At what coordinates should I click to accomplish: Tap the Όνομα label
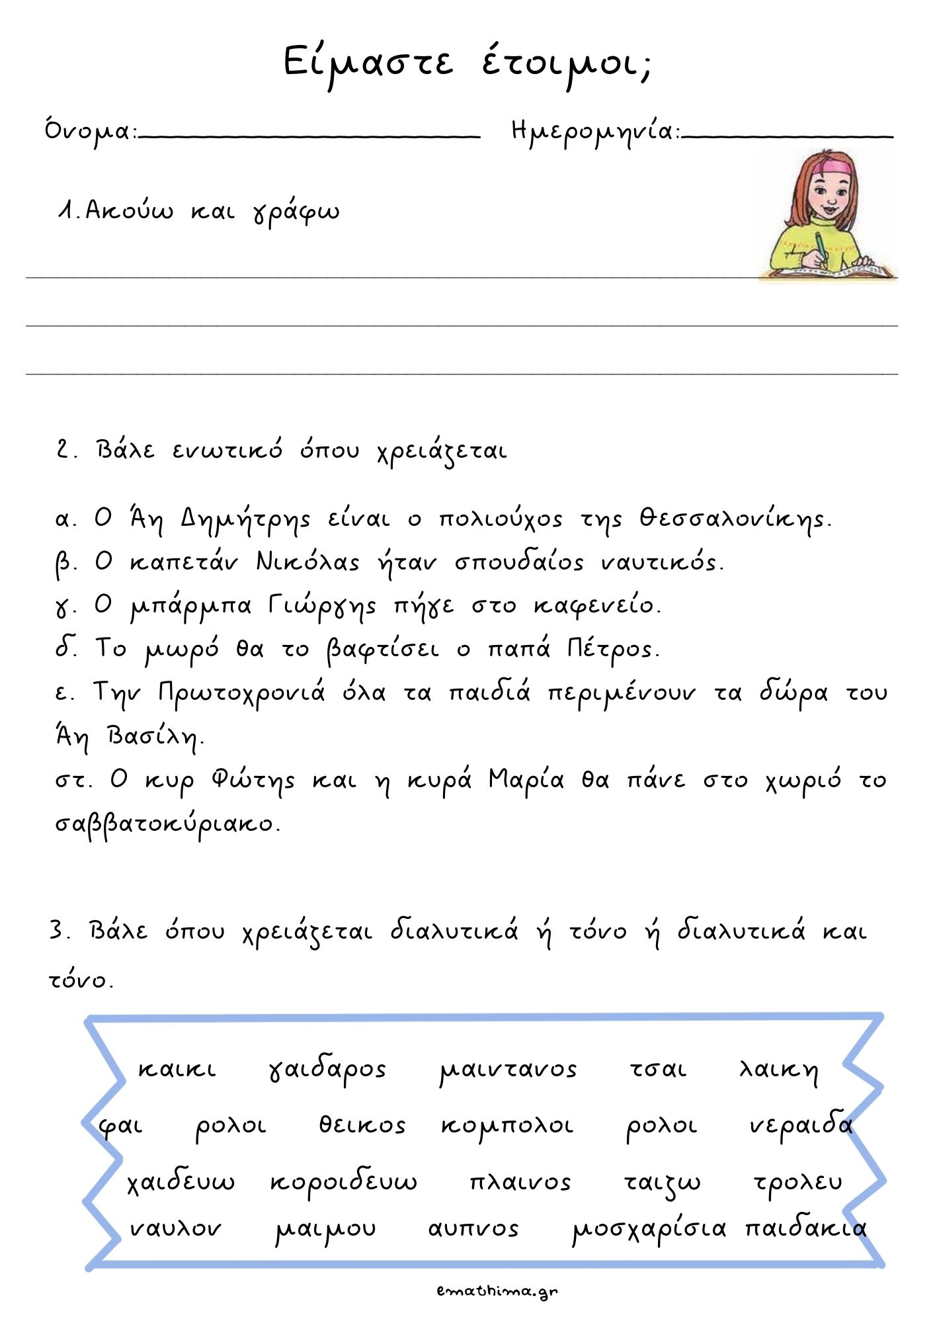pyautogui.click(x=89, y=131)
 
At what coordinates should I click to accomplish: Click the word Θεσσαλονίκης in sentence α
pyautogui.click(x=734, y=520)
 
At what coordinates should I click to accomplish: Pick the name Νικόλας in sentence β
pyautogui.click(x=307, y=562)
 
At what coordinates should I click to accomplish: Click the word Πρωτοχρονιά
pyautogui.click(x=242, y=693)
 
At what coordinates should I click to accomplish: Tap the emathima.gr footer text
pyautogui.click(x=497, y=1291)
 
